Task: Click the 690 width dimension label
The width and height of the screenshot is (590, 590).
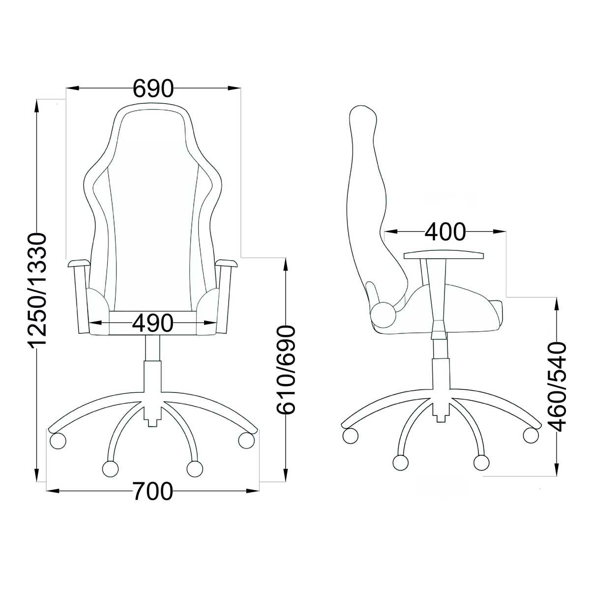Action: (x=153, y=88)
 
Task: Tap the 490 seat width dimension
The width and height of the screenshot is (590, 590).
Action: (x=152, y=323)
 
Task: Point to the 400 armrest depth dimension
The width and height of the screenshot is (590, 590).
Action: (x=445, y=232)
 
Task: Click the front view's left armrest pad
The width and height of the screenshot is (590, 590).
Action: (x=79, y=263)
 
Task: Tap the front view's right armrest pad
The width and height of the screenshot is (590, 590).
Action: (x=227, y=263)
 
